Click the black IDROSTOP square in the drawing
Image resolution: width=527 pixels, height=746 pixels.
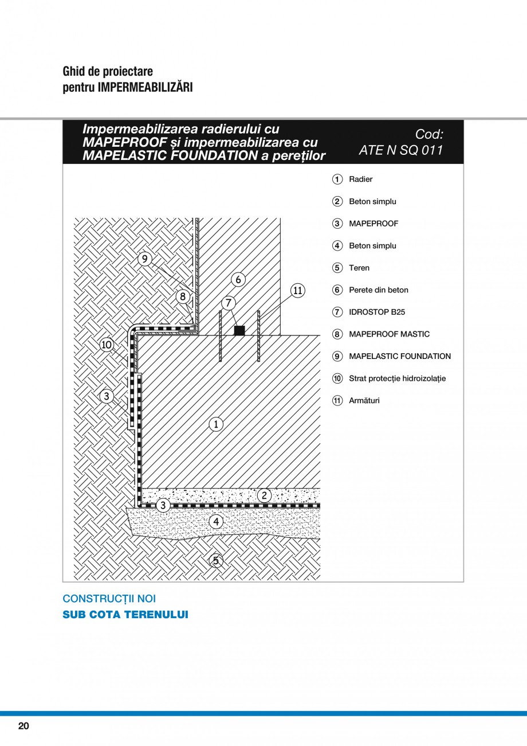tap(239, 330)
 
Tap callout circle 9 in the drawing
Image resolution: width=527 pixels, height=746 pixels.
tap(145, 259)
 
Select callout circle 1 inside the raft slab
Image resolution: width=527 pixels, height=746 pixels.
tap(216, 424)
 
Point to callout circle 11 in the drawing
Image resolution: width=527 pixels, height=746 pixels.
tap(298, 290)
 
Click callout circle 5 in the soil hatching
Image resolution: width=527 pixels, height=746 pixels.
tap(216, 560)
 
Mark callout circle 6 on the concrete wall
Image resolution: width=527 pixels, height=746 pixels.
tap(238, 280)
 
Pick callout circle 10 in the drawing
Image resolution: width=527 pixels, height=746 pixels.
tap(107, 345)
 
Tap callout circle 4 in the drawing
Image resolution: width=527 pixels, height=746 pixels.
tap(216, 521)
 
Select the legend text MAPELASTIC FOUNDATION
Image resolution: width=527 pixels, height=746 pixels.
tap(399, 356)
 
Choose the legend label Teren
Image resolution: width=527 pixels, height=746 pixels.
tap(359, 268)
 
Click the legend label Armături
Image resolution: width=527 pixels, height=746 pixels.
tap(364, 400)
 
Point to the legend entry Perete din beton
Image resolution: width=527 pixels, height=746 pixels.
tap(378, 290)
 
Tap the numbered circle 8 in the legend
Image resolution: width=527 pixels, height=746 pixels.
tap(337, 334)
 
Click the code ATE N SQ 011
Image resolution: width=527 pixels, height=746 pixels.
tap(401, 150)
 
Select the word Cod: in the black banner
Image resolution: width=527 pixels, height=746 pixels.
tap(429, 134)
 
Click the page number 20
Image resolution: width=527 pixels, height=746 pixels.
tap(23, 726)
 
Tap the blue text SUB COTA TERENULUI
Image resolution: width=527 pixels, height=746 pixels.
tap(125, 615)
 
